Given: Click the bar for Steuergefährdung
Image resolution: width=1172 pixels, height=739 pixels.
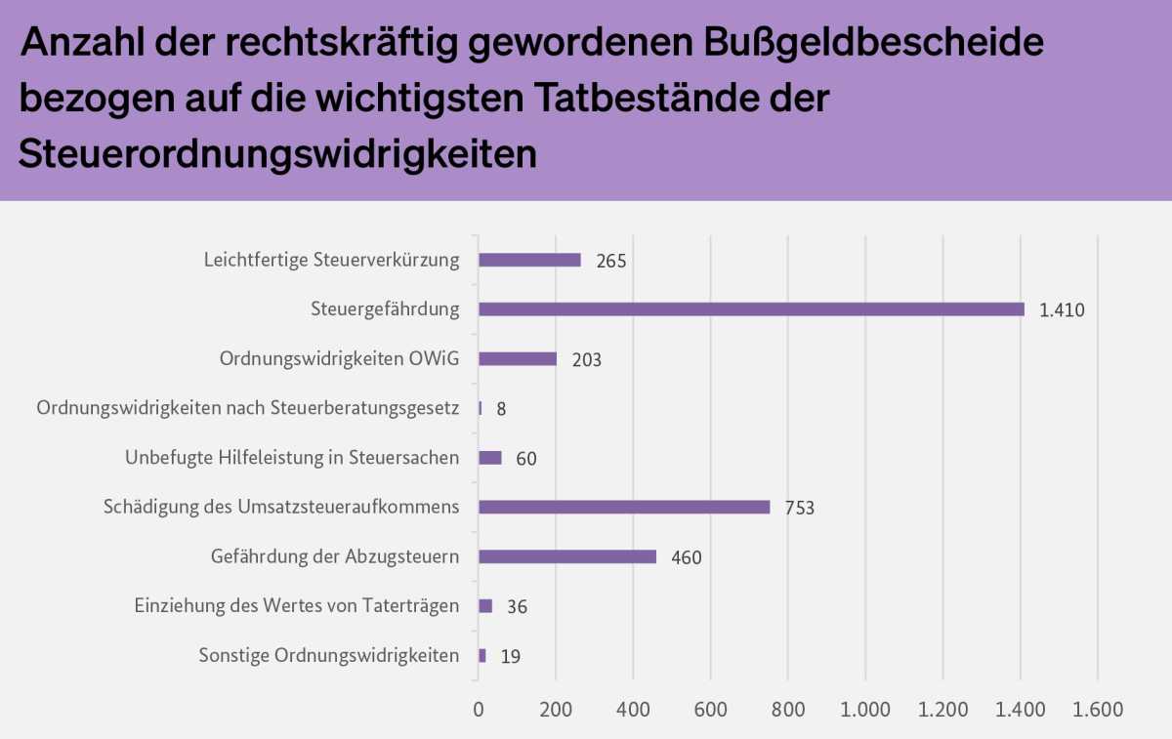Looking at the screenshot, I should pyautogui.click(x=751, y=309).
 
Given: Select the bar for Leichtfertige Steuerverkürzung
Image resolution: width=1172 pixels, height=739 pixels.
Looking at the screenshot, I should pyautogui.click(x=529, y=261).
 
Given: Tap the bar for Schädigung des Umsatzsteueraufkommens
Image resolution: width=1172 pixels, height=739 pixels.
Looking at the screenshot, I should pyautogui.click(x=624, y=507).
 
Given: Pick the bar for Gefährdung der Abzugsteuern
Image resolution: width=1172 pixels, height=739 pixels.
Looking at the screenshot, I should pyautogui.click(x=567, y=556).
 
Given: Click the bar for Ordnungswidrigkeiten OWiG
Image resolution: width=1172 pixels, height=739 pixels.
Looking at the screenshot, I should pyautogui.click(x=518, y=359).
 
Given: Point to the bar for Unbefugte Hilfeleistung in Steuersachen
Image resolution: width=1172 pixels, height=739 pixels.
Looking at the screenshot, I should pyautogui.click(x=490, y=458).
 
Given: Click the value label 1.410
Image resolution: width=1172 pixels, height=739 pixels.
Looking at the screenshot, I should pyautogui.click(x=1062, y=310).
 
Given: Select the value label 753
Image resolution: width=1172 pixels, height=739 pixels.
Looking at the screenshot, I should pyautogui.click(x=799, y=508).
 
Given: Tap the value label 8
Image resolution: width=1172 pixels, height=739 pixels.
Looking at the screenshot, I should pyautogui.click(x=501, y=409).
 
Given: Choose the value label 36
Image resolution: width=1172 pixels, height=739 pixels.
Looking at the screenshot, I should pyautogui.click(x=517, y=607).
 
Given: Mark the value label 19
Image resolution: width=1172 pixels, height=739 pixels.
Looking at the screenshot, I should pyautogui.click(x=510, y=656).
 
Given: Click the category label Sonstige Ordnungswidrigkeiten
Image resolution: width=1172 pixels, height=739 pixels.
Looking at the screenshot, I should pyautogui.click(x=328, y=655).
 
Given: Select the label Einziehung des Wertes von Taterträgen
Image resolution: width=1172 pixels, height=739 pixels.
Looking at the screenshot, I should pyautogui.click(x=296, y=606).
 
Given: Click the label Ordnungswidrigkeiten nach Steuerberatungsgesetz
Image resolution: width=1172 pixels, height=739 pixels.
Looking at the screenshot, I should pyautogui.click(x=248, y=408).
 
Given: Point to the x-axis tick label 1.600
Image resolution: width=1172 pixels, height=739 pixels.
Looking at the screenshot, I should pyautogui.click(x=1098, y=710).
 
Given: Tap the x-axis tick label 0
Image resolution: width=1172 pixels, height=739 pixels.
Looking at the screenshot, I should pyautogui.click(x=479, y=710).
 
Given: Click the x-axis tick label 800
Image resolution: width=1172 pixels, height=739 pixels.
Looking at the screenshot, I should pyautogui.click(x=787, y=710).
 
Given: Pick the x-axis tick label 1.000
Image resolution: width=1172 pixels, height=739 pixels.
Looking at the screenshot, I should pyautogui.click(x=865, y=710).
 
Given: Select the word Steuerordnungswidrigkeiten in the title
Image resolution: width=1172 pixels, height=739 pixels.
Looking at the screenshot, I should pyautogui.click(x=277, y=153).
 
